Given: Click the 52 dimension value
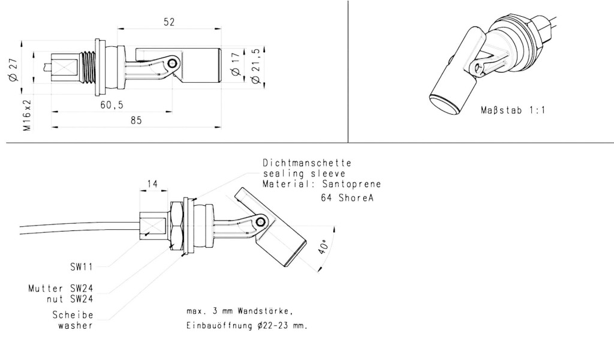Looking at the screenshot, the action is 168,22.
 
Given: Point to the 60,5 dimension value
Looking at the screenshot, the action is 112,105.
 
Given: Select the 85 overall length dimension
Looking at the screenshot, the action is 136,120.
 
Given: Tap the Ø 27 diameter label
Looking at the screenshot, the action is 13,70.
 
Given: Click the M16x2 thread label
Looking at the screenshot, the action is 27,115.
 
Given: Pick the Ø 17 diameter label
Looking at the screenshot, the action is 235,64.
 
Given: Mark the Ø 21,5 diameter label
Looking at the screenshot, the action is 256,65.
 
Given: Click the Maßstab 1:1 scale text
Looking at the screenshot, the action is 513,110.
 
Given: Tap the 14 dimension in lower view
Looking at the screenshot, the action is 153,184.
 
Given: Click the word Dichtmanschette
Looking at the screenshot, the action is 307,163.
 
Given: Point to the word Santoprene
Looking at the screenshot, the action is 351,184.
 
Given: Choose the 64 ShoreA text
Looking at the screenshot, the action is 347,197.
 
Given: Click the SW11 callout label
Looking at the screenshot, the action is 82,267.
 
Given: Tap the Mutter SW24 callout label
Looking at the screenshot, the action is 61,289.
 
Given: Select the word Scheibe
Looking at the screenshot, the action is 73,315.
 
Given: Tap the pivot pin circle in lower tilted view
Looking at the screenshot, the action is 260,223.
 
